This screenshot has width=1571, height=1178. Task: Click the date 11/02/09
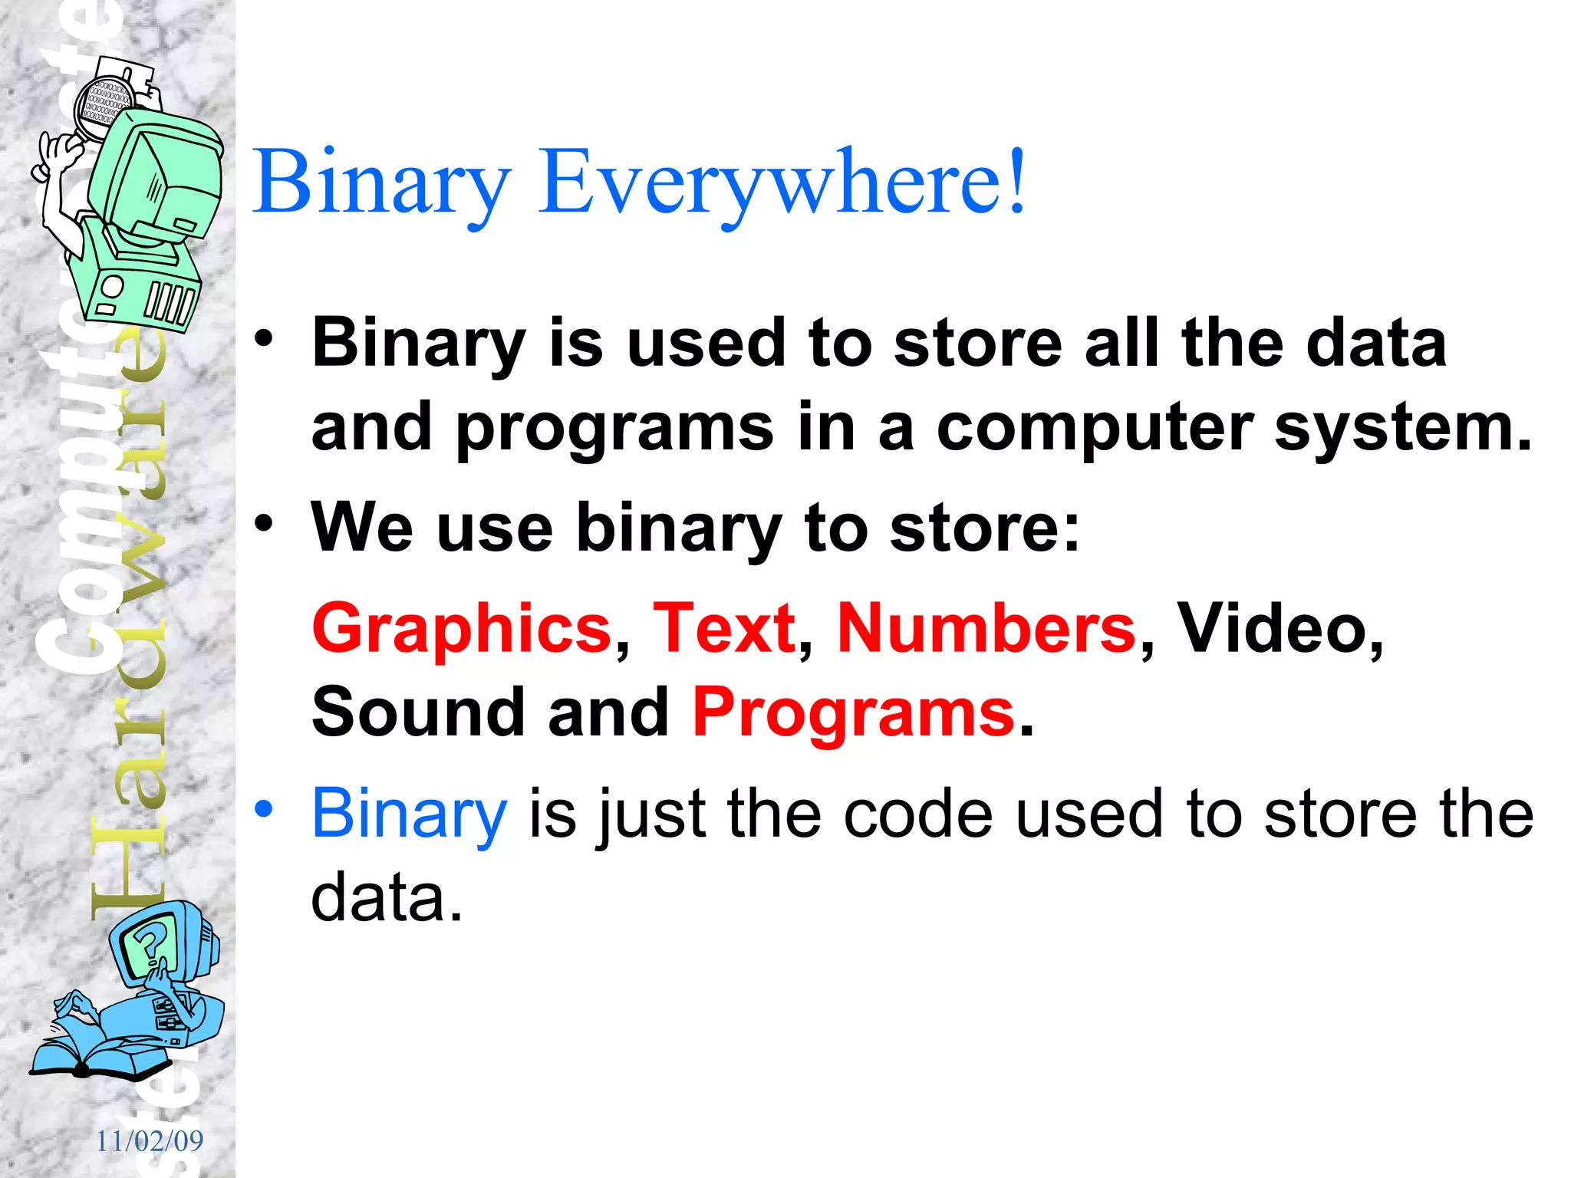click(150, 1141)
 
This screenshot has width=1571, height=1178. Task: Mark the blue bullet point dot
click(264, 808)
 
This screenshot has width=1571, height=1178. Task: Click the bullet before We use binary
click(264, 524)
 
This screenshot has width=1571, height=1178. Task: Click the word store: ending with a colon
click(984, 528)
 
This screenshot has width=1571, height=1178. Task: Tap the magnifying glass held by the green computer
click(104, 107)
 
